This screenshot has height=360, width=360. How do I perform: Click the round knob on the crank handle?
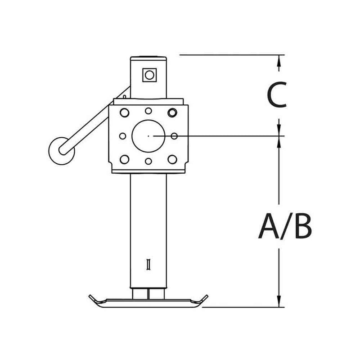[60, 149]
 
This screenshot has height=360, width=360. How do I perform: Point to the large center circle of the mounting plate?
[148, 135]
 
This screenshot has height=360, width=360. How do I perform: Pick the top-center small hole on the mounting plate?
[148, 111]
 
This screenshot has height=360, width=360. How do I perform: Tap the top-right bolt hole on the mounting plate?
[171, 112]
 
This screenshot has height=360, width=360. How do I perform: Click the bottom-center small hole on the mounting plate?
[148, 160]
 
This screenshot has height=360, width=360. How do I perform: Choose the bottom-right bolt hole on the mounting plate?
[171, 159]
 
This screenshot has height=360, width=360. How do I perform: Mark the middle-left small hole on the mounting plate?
[122, 135]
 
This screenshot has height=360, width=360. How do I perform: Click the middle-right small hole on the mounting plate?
[174, 135]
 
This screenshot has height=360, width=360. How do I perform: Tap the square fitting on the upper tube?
[148, 74]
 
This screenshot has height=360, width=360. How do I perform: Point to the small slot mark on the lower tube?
[148, 265]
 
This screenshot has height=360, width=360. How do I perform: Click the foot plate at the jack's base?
[148, 302]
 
